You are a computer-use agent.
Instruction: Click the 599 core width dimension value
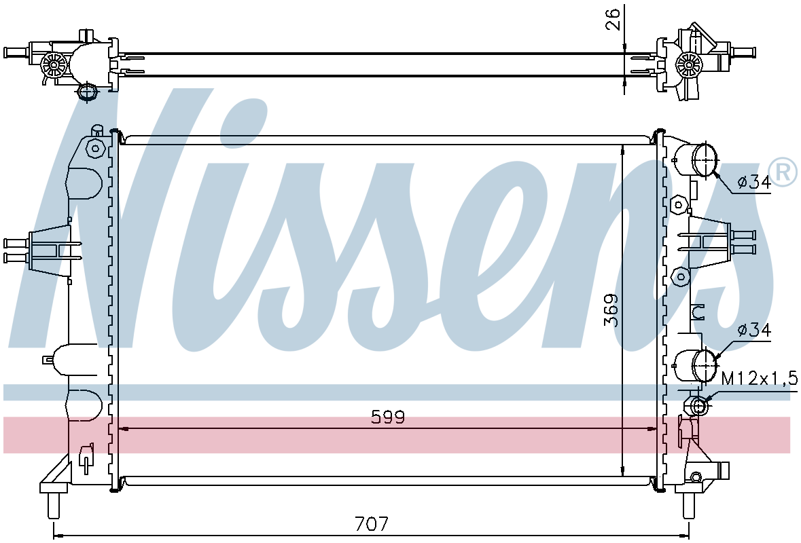pos(388,417)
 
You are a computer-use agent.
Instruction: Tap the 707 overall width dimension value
pos(372,523)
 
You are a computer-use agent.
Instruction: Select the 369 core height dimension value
pos(611,310)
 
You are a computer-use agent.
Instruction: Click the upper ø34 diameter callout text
pos(753,181)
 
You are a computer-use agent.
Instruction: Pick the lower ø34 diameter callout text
pos(753,330)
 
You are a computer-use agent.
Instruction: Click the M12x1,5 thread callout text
pos(759,378)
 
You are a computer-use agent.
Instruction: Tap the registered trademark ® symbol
pos(782,172)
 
